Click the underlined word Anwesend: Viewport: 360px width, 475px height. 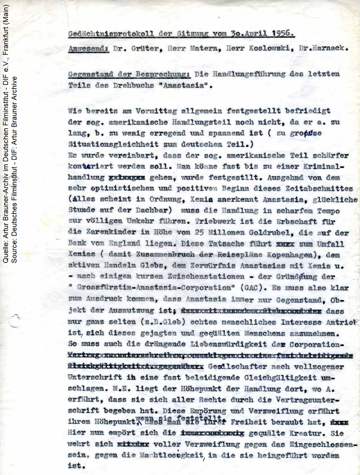click(88, 49)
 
